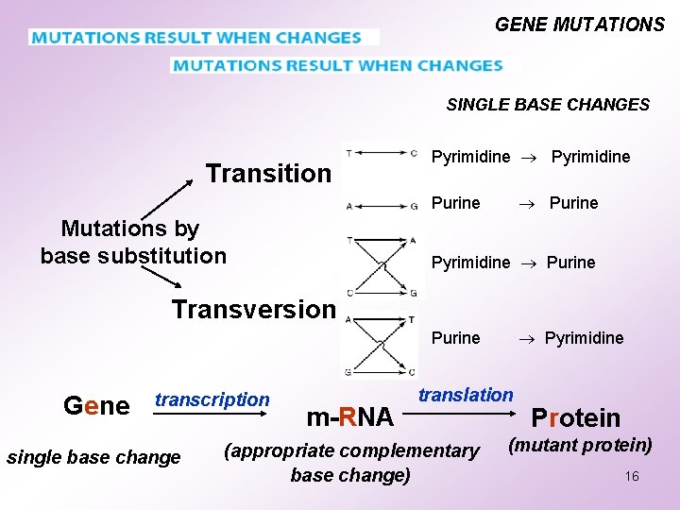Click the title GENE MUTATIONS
[579, 25]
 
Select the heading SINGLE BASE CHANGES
[548, 105]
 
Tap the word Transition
[268, 173]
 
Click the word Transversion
[253, 309]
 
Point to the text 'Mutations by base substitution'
[133, 242]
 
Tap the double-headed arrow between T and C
[381, 153]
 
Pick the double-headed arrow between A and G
[381, 206]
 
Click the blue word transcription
[212, 399]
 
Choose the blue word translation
[466, 395]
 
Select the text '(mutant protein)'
[580, 444]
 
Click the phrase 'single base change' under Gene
[93, 458]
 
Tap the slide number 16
[631, 476]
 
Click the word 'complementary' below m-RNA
[415, 450]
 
